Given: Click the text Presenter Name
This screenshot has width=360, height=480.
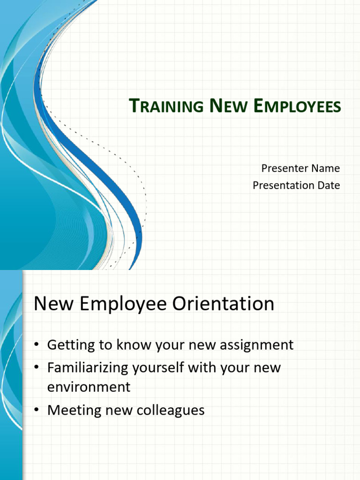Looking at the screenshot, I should click(300, 168).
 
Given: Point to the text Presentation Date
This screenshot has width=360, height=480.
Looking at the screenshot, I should click(296, 185).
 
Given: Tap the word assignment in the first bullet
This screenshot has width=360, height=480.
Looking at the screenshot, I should click(254, 345).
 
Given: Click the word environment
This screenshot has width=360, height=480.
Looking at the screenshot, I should click(89, 387).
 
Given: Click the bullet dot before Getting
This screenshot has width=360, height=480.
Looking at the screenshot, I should click(37, 345).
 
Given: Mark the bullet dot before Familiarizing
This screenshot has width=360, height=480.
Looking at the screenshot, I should click(37, 368).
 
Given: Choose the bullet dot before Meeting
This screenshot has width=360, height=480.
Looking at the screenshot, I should click(37, 411).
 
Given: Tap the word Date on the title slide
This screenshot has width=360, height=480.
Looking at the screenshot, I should click(328, 185).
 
